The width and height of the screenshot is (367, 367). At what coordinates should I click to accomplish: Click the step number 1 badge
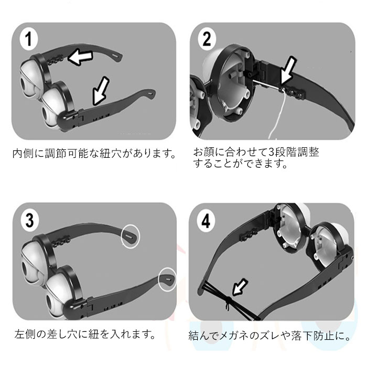click(28, 39)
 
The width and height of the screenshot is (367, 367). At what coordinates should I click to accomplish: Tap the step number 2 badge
click(207, 39)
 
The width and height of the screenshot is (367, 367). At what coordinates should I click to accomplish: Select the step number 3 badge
click(30, 220)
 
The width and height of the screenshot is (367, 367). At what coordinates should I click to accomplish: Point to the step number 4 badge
click(206, 221)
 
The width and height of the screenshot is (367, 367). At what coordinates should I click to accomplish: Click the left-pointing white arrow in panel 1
click(80, 58)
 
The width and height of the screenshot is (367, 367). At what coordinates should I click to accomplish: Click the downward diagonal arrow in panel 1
click(101, 92)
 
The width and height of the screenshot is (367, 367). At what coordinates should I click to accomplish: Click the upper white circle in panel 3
click(130, 236)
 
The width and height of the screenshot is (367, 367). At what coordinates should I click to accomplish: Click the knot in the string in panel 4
click(228, 301)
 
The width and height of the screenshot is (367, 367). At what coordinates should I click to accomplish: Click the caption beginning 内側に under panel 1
click(94, 154)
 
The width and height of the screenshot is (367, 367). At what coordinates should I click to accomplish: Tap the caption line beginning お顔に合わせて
click(256, 152)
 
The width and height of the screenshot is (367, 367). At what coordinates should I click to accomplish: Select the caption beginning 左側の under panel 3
click(85, 334)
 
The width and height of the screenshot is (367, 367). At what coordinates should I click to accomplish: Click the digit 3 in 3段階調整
click(271, 153)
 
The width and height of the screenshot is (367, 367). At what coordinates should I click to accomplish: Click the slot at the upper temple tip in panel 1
click(116, 56)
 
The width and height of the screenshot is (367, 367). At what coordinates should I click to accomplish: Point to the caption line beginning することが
click(240, 164)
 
